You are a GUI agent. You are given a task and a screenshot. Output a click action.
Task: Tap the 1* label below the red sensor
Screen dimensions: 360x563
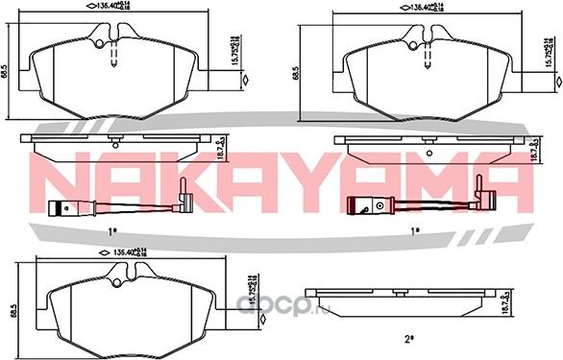click(416, 230)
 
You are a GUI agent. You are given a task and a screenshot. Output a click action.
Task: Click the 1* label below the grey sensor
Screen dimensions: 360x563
click(112, 230)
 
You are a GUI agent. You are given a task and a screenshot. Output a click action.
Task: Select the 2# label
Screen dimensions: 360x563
click(407, 339)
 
